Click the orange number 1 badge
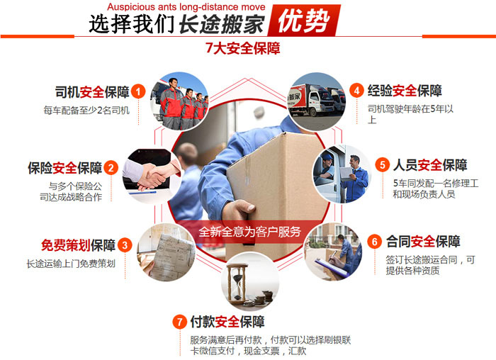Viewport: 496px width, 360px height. click(x=138, y=91)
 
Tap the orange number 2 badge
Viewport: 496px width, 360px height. click(x=111, y=168)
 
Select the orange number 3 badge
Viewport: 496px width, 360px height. click(x=125, y=245)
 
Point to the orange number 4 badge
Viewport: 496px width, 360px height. click(x=357, y=91)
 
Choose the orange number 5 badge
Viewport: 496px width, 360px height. click(x=383, y=165)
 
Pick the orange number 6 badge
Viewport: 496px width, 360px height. click(x=375, y=242)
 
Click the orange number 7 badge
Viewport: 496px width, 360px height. click(x=180, y=322)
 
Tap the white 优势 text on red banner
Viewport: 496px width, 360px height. click(x=304, y=21)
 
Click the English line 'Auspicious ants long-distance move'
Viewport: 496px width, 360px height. click(x=186, y=6)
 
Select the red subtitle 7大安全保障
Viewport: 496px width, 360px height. click(x=243, y=48)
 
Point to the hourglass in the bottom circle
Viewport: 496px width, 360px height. click(x=239, y=283)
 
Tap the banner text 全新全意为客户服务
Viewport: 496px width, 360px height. click(x=249, y=232)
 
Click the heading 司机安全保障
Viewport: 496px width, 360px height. click(x=92, y=92)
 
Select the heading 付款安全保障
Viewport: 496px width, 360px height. click(x=227, y=322)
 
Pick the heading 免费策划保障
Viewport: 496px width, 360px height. click(x=78, y=245)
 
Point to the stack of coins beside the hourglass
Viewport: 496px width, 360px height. click(x=260, y=298)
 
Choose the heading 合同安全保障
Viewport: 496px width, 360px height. click(x=423, y=242)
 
